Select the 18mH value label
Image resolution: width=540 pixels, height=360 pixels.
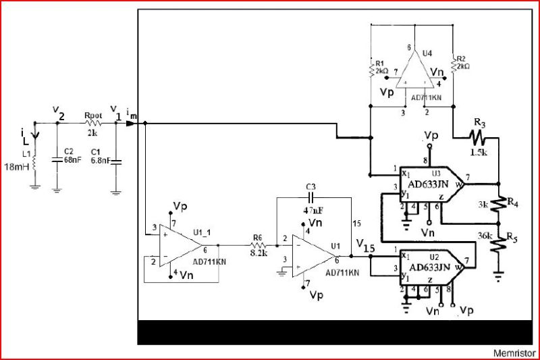pos(16,166)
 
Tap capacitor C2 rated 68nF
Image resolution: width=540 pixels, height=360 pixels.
pos(57,160)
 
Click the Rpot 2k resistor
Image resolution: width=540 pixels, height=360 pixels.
pos(92,124)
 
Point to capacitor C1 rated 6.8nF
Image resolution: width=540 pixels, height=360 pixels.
pos(115,161)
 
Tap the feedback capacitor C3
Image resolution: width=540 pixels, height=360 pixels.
pos(310,198)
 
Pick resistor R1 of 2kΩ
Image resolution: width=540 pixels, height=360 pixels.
pos(371,68)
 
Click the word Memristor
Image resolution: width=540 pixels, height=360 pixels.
pos(514,353)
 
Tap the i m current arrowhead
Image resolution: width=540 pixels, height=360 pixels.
pos(139,124)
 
